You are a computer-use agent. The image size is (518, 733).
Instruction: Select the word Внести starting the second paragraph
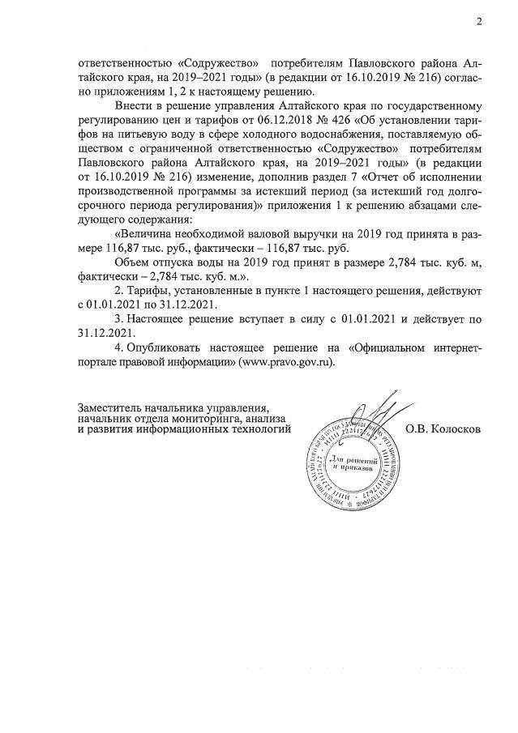tap(135, 107)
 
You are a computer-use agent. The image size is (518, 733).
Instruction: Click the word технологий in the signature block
tap(258, 429)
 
